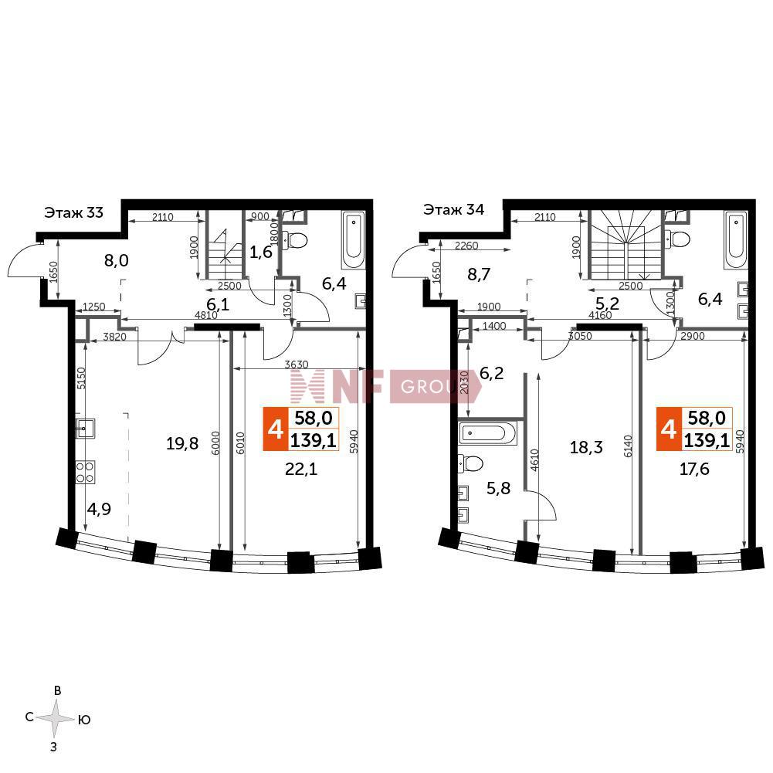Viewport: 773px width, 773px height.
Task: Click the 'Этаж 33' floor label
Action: [74, 212]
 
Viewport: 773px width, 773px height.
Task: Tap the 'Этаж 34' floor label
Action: [453, 210]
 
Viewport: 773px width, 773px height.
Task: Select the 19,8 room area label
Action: [182, 444]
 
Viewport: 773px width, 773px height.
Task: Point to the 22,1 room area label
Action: [301, 470]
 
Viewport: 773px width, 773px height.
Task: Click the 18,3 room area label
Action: [586, 447]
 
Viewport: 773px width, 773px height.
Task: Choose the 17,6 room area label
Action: [694, 468]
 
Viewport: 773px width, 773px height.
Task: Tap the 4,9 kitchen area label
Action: [99, 509]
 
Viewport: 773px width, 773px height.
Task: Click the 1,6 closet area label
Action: [261, 253]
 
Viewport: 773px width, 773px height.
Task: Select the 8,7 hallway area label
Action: [479, 274]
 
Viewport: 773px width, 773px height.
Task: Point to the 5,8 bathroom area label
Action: [498, 488]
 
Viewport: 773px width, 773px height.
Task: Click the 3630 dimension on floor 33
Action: [297, 364]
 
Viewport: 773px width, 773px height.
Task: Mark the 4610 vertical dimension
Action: [535, 461]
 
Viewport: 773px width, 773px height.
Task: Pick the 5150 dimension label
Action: [82, 378]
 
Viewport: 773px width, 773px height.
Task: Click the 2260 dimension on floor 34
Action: [466, 246]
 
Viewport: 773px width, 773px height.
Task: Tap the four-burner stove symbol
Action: [85, 472]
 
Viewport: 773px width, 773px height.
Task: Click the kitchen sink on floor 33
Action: [85, 429]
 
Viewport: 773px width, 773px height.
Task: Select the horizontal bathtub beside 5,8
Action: [487, 433]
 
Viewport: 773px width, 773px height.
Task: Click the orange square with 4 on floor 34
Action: [669, 429]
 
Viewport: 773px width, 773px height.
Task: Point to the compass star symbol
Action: [56, 718]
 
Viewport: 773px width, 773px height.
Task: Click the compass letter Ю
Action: [84, 720]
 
